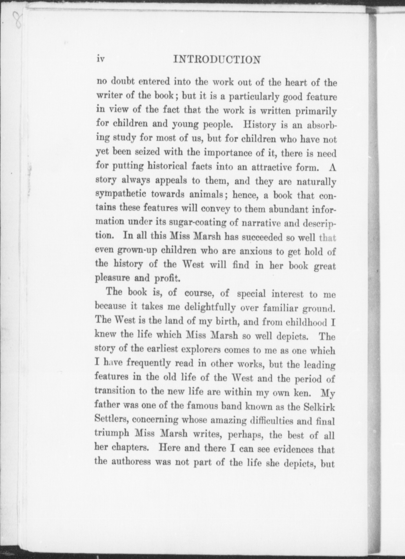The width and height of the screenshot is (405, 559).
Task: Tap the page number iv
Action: (x=101, y=59)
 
